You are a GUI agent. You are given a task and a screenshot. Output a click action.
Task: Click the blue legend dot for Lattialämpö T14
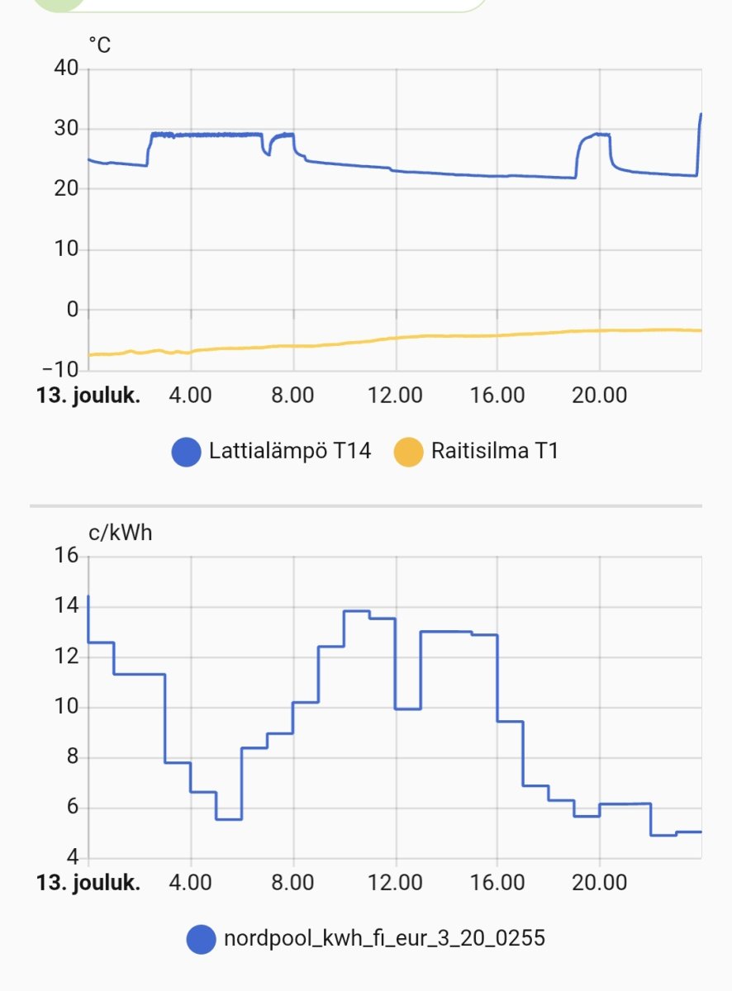(x=186, y=451)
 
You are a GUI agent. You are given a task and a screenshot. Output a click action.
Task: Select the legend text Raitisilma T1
(x=494, y=451)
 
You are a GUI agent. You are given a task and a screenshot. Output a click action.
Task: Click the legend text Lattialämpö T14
(x=290, y=451)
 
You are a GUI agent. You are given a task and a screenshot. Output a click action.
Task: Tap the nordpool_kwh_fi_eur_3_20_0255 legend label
(x=384, y=938)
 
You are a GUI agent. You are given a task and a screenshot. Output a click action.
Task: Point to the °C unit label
(x=99, y=45)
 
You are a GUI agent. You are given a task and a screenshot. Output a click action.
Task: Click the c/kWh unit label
(x=121, y=533)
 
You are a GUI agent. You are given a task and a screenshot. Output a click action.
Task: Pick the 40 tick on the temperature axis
(x=66, y=69)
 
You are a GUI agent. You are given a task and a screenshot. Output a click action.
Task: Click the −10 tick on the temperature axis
(x=59, y=369)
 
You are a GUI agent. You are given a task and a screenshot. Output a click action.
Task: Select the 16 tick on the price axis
(x=66, y=556)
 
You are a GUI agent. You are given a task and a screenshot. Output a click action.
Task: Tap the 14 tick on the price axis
(x=66, y=606)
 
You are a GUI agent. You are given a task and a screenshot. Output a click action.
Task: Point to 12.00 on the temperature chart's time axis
(x=395, y=395)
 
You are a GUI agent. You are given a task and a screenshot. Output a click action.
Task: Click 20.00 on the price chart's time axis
(x=599, y=882)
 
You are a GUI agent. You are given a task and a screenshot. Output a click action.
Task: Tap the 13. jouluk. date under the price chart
(x=88, y=882)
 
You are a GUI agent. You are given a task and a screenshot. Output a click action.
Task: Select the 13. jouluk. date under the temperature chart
(x=88, y=395)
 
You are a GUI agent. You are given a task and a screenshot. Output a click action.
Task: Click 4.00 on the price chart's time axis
(x=190, y=882)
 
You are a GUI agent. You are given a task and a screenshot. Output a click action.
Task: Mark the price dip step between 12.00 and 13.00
(x=408, y=709)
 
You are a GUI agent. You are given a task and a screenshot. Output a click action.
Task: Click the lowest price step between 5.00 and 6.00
(x=229, y=819)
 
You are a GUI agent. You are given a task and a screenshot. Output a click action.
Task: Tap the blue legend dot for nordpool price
(x=201, y=938)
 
